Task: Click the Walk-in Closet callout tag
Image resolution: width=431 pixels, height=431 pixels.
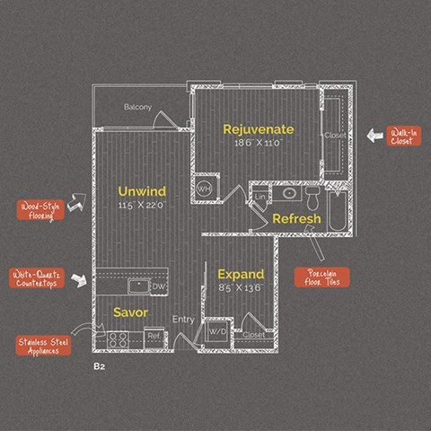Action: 404,136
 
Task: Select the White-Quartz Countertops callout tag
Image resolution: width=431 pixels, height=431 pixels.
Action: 37,278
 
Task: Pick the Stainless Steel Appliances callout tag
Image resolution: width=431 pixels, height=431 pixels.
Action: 44,346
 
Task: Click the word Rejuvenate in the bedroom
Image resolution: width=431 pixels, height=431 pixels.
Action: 259,129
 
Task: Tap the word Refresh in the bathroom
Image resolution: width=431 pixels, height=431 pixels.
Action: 296,219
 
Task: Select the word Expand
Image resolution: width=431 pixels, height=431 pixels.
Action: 241,274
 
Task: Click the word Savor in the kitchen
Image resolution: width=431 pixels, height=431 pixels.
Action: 130,312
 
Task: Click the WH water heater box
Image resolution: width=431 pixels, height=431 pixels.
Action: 204,189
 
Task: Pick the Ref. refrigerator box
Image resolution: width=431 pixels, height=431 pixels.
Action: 154,336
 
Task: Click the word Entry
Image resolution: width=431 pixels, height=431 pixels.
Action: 183,319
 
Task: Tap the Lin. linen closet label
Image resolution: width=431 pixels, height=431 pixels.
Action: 259,196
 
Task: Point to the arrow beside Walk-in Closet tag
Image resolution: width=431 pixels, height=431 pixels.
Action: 374,136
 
